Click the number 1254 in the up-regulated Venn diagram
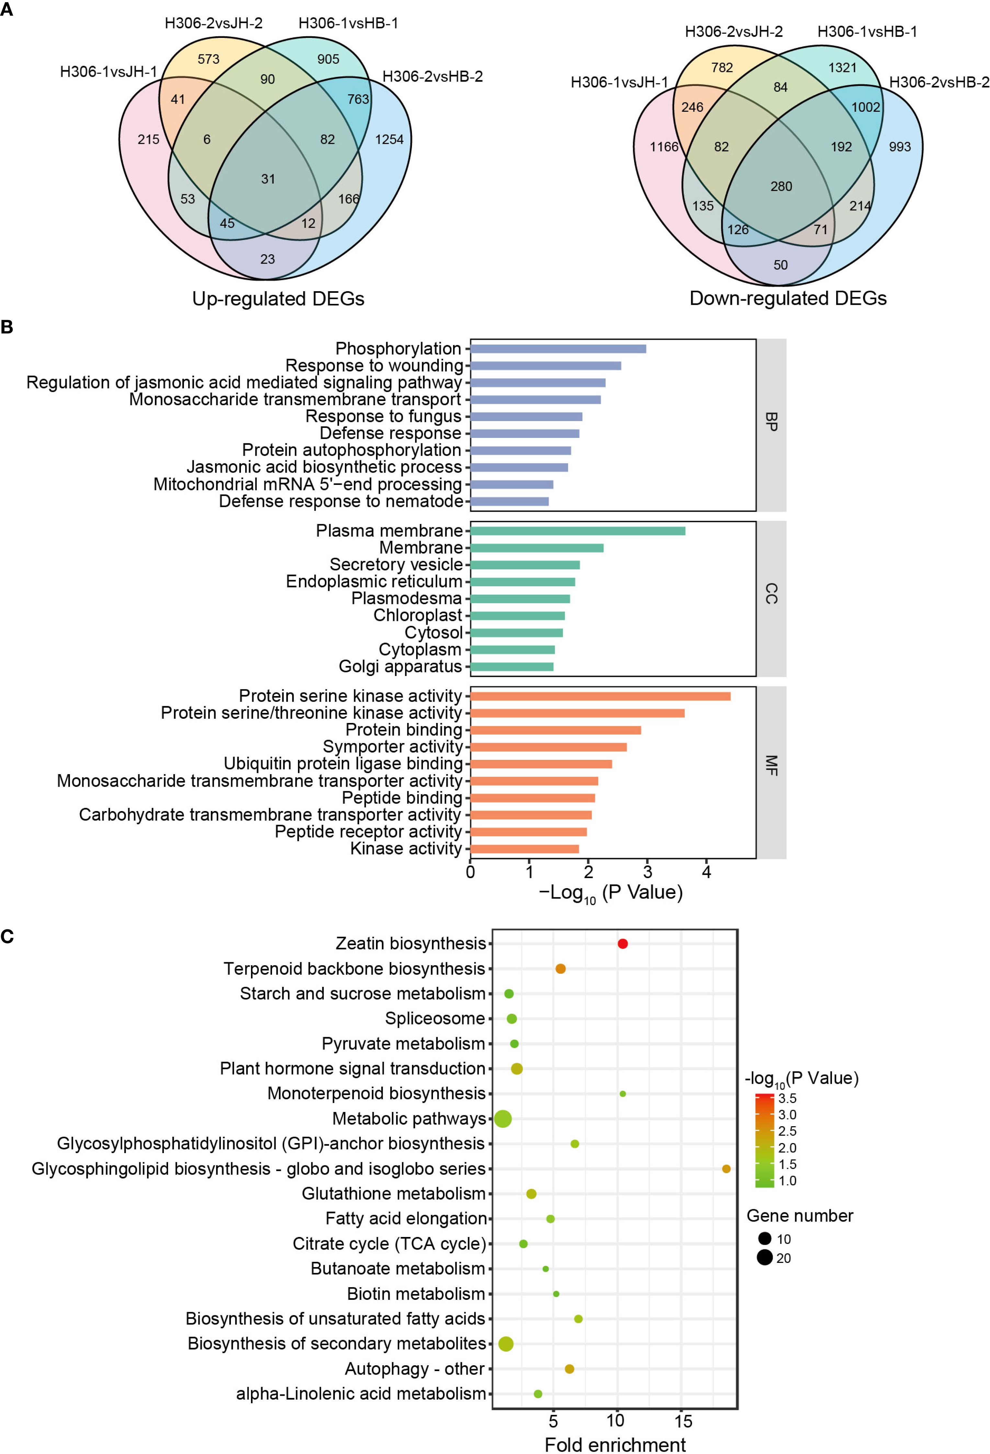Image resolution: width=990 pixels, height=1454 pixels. coord(389,140)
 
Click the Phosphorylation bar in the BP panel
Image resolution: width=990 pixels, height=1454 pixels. coord(558,349)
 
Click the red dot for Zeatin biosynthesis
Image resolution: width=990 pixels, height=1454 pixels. coord(622,944)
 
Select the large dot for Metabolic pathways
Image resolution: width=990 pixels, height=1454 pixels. coord(503,1119)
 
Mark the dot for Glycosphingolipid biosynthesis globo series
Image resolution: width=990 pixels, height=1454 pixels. coord(726,1169)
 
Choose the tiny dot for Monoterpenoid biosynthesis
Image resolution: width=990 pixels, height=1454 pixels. coord(622,1093)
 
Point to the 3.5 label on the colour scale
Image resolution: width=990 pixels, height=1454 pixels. coord(787,1099)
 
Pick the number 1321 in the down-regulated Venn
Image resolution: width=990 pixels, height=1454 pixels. coord(842,68)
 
